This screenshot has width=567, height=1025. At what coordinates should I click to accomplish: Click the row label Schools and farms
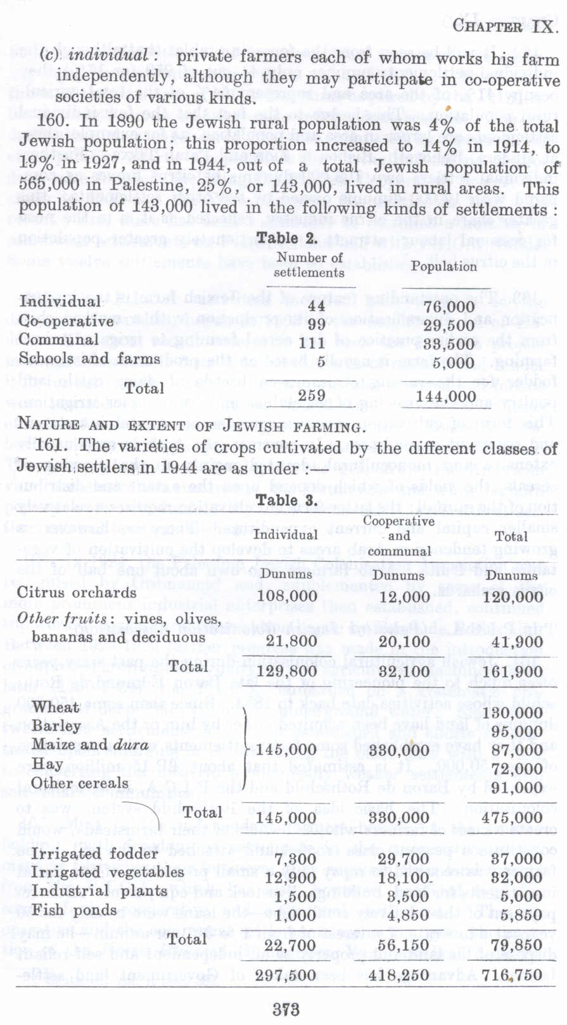pos(89,358)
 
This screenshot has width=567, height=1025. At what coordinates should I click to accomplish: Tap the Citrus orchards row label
pos(77,593)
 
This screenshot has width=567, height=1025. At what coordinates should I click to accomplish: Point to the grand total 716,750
pos(511,976)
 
